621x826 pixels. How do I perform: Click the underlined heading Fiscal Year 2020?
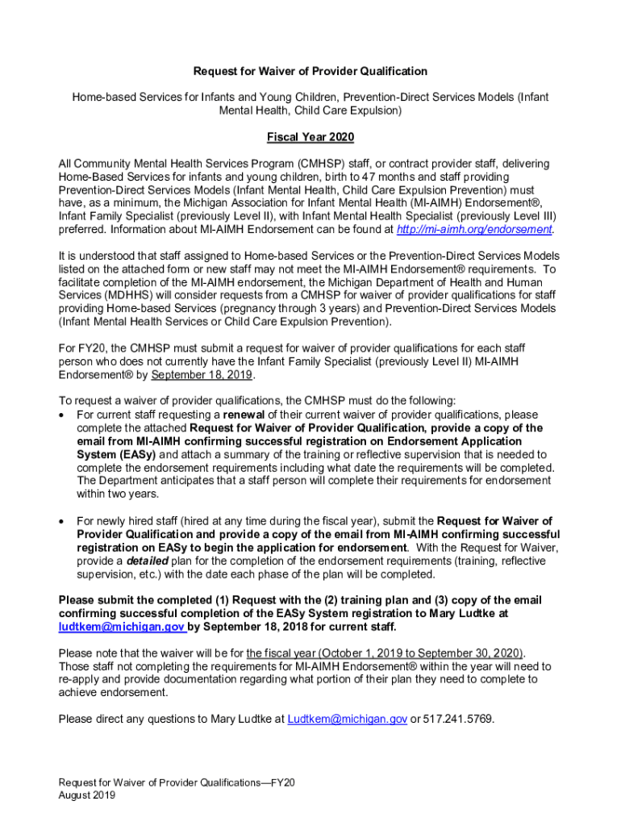tap(310, 138)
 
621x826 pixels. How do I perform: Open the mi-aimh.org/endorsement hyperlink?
tap(474, 230)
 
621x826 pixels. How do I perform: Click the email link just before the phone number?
tap(347, 719)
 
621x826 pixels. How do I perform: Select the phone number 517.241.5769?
tap(459, 719)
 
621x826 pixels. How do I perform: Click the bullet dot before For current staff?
tap(64, 415)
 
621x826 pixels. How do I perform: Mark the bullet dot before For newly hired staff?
tap(64, 522)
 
